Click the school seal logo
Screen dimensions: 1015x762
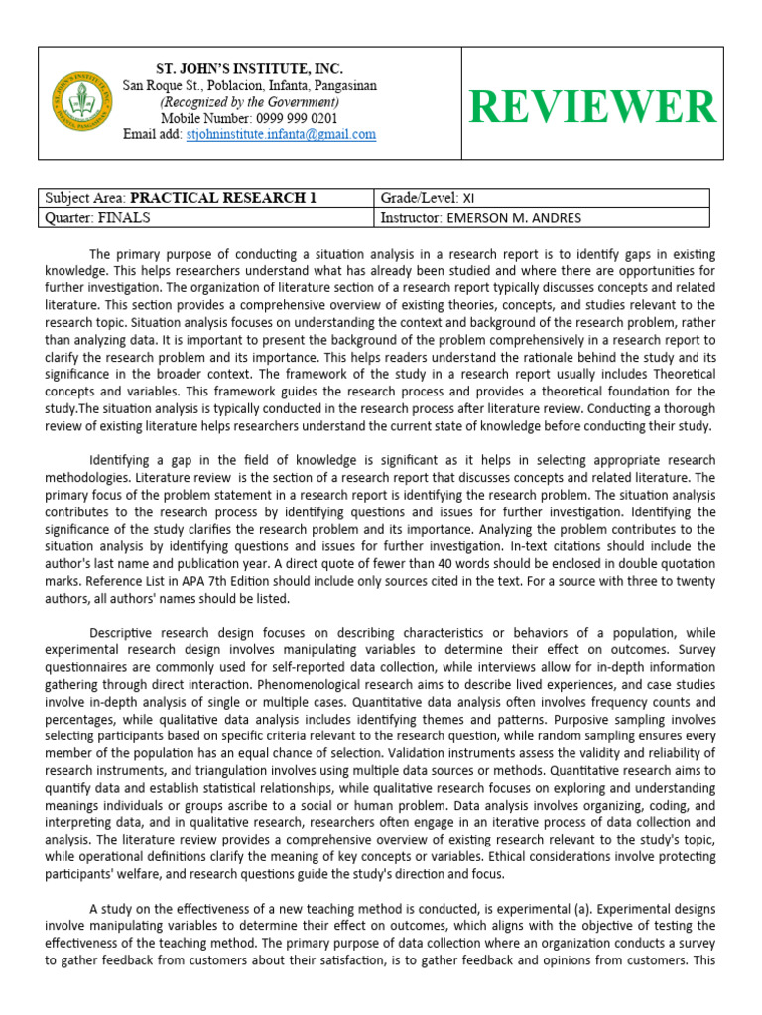[83, 102]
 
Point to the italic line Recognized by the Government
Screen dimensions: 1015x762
[250, 102]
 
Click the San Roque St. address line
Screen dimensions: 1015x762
[250, 86]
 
